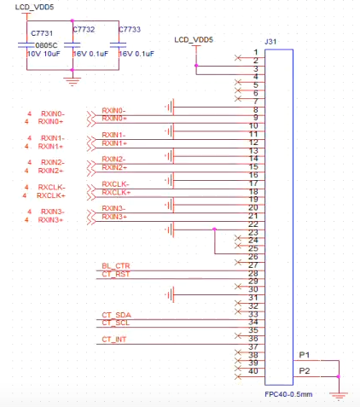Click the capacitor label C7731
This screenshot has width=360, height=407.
[42, 33]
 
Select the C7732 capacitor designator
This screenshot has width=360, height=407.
[84, 29]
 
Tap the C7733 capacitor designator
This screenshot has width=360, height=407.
[130, 29]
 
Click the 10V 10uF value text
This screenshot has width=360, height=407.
[44, 54]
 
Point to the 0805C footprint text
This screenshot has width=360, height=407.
[46, 45]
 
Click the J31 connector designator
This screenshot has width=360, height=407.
[270, 42]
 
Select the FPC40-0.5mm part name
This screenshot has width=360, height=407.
[288, 394]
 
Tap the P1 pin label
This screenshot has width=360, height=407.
[305, 355]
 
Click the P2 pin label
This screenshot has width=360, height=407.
[305, 371]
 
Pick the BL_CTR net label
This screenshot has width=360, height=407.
[116, 266]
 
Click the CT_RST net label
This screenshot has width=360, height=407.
[116, 274]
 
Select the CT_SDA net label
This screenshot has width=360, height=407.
[116, 315]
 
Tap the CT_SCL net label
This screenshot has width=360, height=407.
[116, 323]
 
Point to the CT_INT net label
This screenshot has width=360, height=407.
[114, 340]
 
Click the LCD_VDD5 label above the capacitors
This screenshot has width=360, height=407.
[34, 7]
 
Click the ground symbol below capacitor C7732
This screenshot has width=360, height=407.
[73, 81]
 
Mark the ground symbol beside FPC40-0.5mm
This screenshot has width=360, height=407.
[339, 396]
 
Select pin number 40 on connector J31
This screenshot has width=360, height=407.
[253, 371]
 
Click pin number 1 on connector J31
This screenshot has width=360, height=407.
[256, 52]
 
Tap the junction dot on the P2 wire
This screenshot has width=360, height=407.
[339, 376]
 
